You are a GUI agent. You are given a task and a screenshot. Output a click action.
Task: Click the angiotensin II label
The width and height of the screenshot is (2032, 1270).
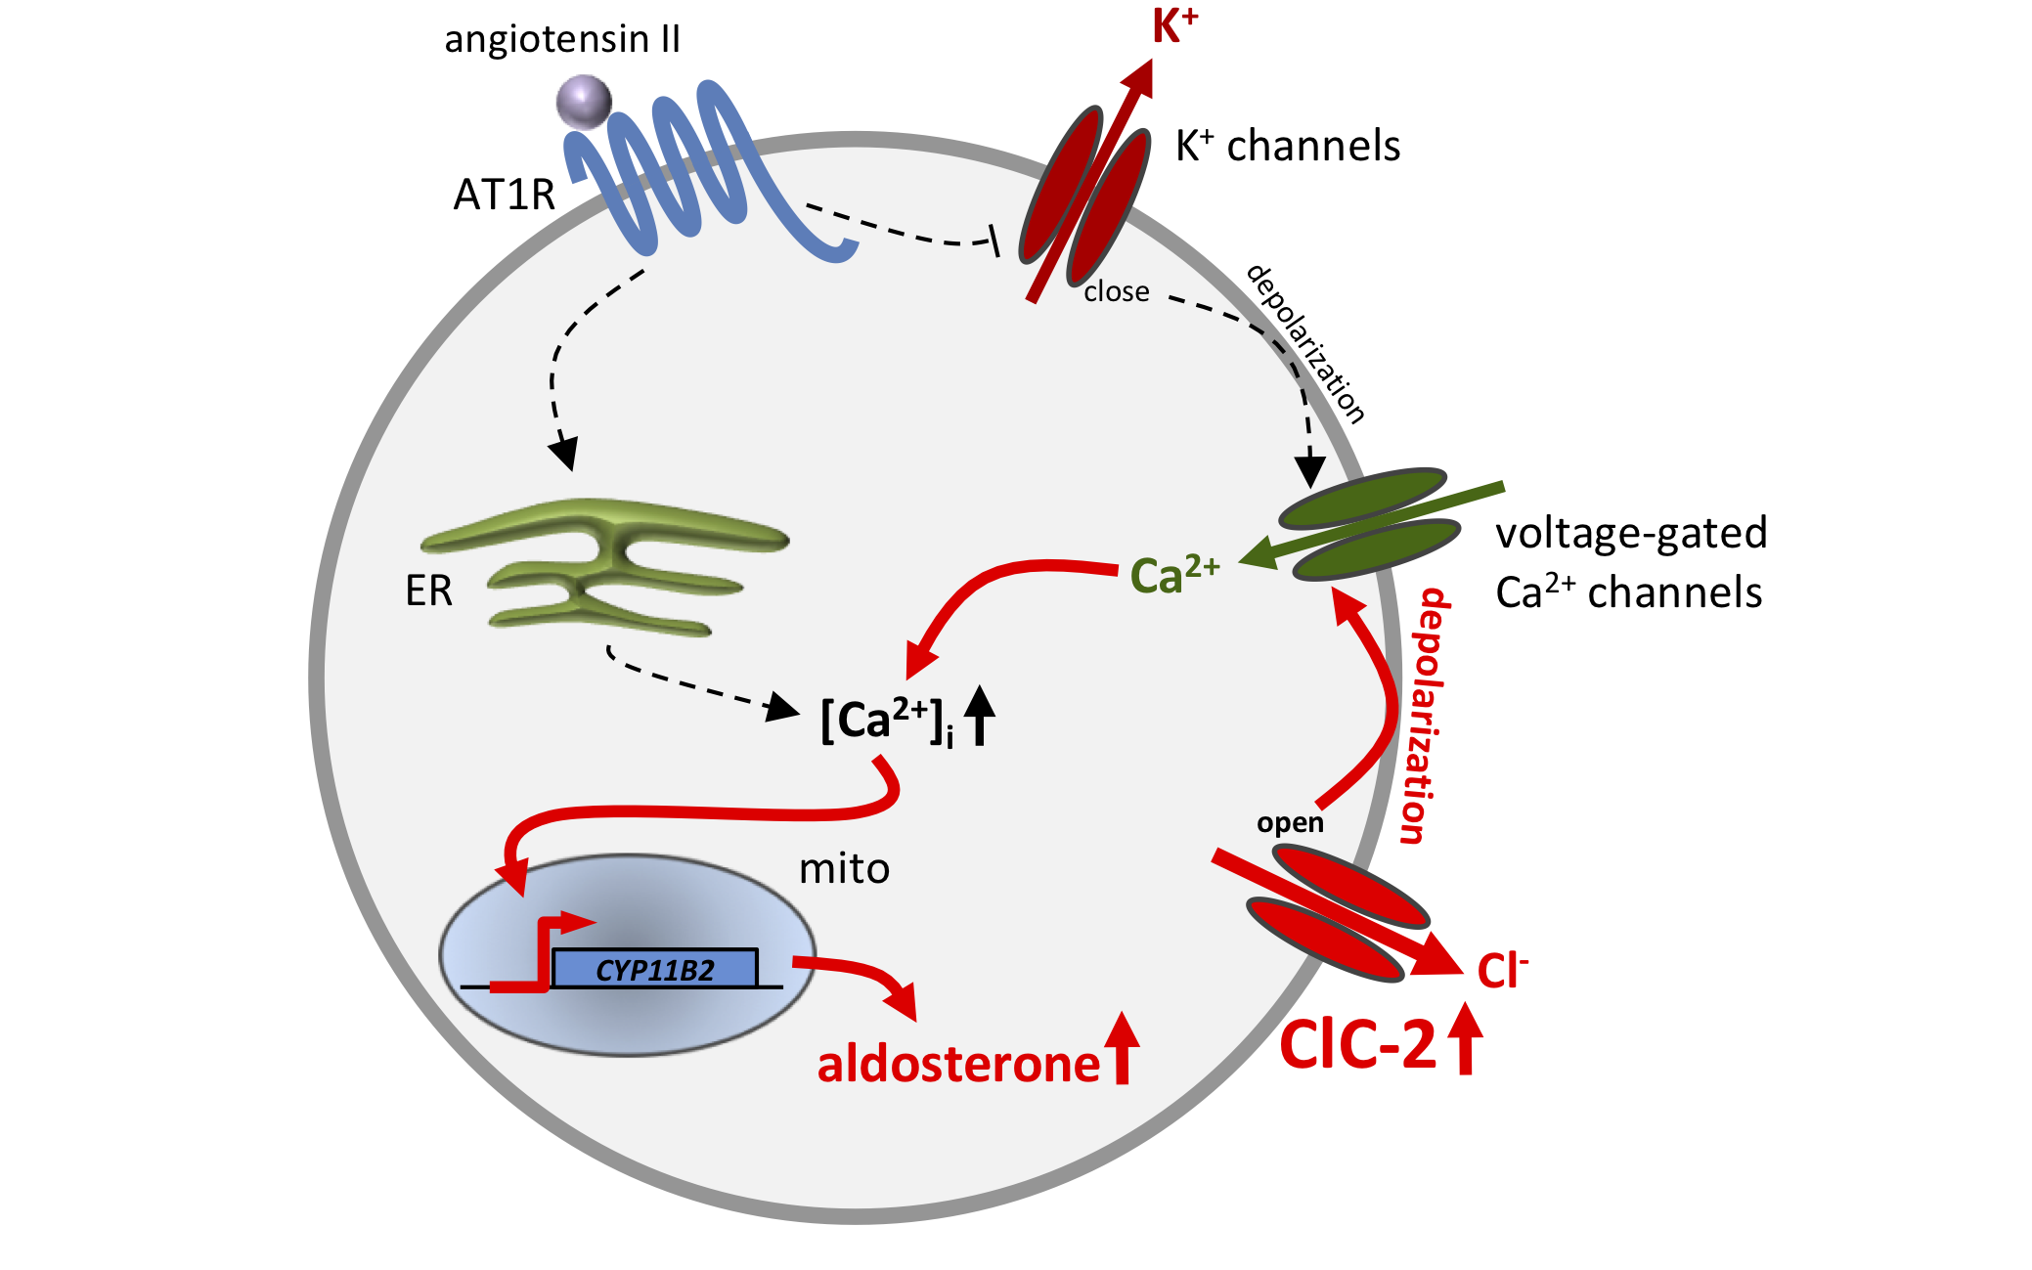561,39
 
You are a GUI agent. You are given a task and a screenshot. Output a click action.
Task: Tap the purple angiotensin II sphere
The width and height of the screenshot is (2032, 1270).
584,102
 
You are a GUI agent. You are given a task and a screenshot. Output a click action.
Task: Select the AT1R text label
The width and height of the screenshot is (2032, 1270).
504,195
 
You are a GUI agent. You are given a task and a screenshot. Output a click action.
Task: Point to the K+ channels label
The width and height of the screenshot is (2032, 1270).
1288,146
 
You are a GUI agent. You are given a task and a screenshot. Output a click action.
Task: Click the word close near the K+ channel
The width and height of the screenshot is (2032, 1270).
1117,291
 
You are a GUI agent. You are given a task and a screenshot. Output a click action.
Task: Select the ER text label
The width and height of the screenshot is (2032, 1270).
428,591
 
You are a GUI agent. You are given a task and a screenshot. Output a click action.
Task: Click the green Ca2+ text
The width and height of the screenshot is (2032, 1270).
1174,574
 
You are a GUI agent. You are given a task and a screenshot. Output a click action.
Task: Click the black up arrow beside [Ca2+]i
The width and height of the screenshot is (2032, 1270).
980,716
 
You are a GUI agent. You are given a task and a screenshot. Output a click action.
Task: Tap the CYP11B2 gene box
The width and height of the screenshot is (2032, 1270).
654,969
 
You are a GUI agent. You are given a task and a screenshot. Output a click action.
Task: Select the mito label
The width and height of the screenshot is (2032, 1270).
844,868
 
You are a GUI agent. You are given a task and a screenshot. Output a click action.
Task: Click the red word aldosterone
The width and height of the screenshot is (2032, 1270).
958,1064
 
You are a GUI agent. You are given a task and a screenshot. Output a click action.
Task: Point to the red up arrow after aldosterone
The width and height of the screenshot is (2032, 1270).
1123,1049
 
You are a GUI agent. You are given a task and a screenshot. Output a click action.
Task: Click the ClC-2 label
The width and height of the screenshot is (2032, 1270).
1357,1044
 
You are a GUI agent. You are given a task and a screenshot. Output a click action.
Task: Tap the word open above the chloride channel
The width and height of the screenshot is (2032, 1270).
1290,823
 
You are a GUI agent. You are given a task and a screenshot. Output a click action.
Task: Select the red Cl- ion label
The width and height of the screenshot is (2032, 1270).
1502,970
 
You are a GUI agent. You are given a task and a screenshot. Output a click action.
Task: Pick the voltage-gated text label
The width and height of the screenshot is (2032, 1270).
1631,534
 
